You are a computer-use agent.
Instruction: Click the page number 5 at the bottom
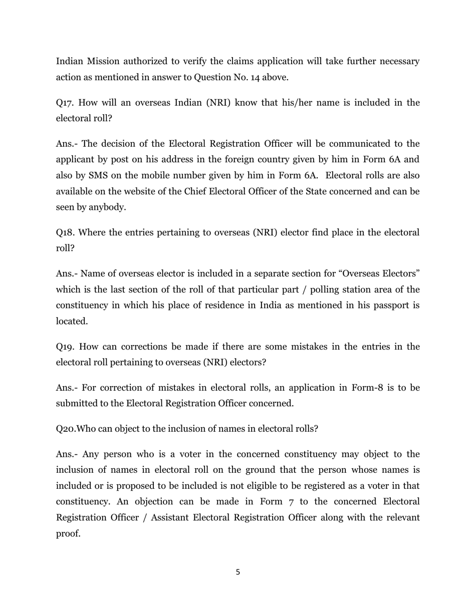pos(237,572)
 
